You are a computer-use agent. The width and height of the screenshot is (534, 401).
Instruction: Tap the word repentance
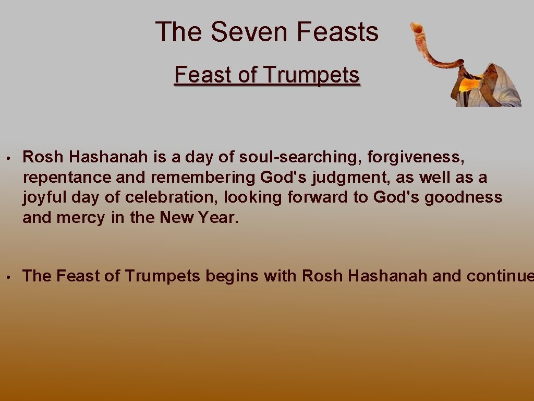click(67, 178)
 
